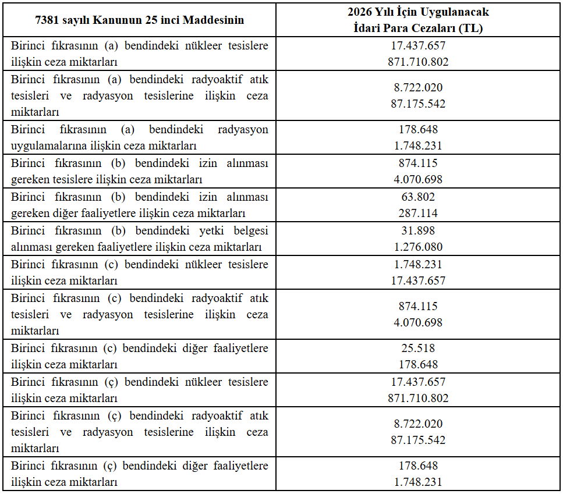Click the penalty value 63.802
pyautogui.click(x=418, y=197)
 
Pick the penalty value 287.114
pyautogui.click(x=418, y=214)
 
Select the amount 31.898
pyautogui.click(x=418, y=230)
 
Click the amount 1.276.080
pyautogui.click(x=418, y=247)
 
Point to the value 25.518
pyautogui.click(x=418, y=348)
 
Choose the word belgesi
pyautogui.click(x=250, y=230)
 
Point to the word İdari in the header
pyautogui.click(x=366, y=28)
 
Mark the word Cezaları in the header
pyautogui.click(x=434, y=28)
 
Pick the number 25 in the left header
pyautogui.click(x=148, y=20)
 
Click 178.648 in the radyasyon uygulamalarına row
pyautogui.click(x=418, y=129)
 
